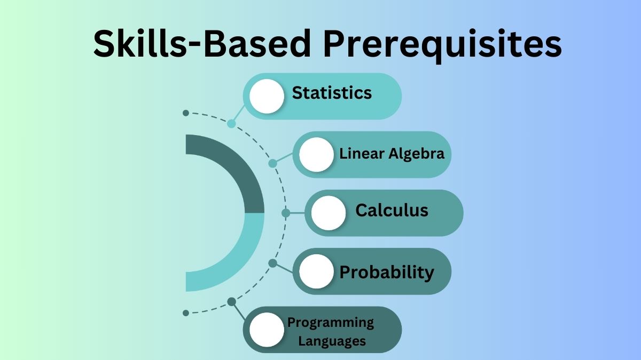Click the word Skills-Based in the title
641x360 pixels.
204,44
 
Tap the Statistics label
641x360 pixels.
332,92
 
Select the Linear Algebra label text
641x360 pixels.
392,154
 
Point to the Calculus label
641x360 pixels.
392,210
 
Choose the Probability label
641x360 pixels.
387,272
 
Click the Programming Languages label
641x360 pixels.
331,331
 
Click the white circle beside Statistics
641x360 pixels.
267,96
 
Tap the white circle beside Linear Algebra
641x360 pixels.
316,154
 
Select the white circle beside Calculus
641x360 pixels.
329,213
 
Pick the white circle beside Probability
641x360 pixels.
316,271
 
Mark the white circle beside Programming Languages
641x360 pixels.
267,330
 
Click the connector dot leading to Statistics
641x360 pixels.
231,123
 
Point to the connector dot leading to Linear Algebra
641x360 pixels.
272,163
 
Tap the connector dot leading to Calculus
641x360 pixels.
286,213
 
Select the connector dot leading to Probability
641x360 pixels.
272,263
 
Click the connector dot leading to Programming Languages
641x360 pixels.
231,302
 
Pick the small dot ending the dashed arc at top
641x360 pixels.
185,113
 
